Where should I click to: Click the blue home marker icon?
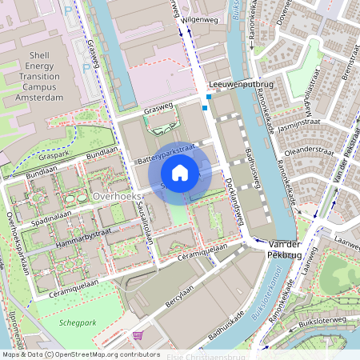coord(180,172)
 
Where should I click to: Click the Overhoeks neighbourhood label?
coord(117,196)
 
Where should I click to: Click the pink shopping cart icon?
coord(138,335)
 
